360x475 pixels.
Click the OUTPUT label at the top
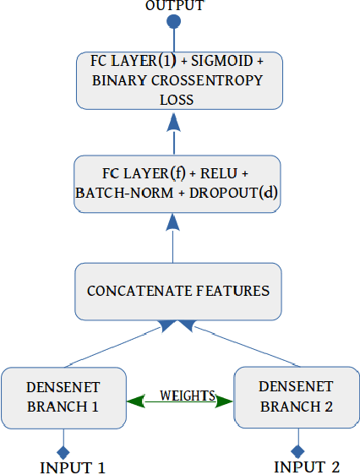tap(175, 6)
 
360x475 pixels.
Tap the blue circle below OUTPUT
tap(174, 22)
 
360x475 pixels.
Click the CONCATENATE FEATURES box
tap(177, 291)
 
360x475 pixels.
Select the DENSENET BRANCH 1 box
tap(63, 396)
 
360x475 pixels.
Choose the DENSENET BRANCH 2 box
tap(296, 396)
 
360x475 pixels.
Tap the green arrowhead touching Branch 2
tap(225, 401)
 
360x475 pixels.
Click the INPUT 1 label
tap(73, 467)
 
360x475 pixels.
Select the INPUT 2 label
tap(307, 467)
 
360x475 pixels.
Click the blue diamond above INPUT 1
tap(62, 450)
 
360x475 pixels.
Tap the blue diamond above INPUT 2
tap(297, 450)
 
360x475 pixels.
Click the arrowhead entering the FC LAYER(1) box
tap(174, 121)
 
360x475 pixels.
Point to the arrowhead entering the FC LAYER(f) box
tap(174, 221)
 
